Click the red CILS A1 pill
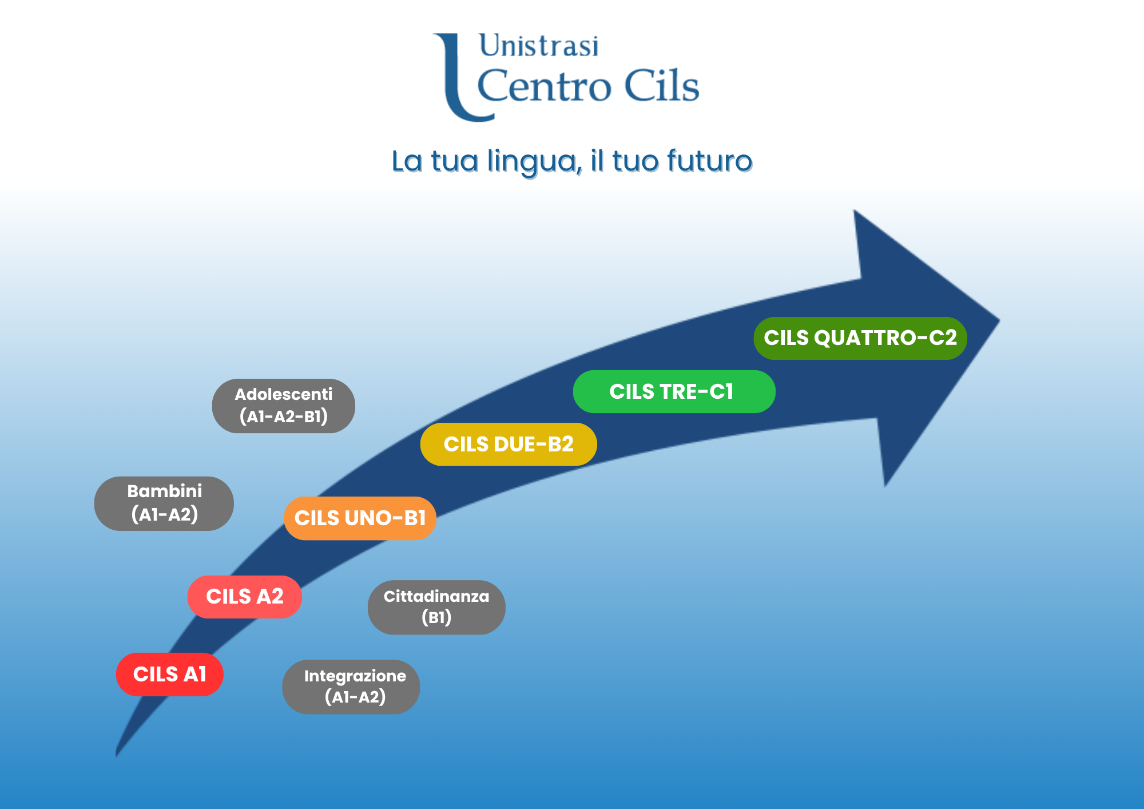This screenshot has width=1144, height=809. (x=169, y=675)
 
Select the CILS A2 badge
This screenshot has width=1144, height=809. (x=244, y=597)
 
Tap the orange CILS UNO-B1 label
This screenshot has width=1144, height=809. (x=360, y=518)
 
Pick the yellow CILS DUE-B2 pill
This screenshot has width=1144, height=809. (x=508, y=445)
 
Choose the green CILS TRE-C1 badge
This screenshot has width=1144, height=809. (x=673, y=392)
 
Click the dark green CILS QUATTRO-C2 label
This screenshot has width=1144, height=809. (x=859, y=338)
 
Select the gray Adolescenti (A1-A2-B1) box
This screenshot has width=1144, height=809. (x=283, y=406)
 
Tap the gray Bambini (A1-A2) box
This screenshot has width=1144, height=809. (x=164, y=503)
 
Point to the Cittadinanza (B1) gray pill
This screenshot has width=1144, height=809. (x=436, y=607)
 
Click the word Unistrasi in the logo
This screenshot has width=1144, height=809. (x=539, y=46)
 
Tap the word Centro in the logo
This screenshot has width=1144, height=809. (x=544, y=86)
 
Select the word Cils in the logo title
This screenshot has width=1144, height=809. (x=661, y=86)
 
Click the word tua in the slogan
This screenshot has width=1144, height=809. (x=454, y=161)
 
